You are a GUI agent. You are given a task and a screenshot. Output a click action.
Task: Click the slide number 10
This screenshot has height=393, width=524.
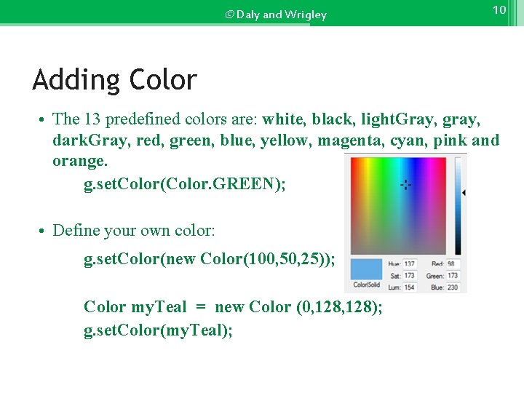click(499, 10)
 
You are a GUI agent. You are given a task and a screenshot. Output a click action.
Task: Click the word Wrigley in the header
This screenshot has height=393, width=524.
click(306, 15)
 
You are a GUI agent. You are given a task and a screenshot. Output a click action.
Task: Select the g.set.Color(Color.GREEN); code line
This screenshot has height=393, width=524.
click(185, 184)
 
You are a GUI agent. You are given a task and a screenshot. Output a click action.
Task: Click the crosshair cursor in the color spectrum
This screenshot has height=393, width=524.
click(405, 185)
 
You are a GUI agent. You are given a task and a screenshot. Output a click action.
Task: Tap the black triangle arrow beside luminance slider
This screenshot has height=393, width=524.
click(464, 193)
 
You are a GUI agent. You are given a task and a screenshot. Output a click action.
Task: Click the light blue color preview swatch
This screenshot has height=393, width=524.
click(366, 268)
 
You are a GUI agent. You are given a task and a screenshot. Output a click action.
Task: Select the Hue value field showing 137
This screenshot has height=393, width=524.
click(410, 264)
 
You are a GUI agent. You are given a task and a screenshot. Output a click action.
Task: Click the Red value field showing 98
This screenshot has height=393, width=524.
click(453, 264)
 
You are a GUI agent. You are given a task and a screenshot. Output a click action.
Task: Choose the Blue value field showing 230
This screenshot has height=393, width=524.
click(453, 287)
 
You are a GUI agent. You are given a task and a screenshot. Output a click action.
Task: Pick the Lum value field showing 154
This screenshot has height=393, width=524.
click(410, 287)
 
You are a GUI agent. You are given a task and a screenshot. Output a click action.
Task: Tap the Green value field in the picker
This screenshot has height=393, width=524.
click(453, 276)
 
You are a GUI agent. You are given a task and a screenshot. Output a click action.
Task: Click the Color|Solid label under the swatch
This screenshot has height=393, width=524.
click(366, 285)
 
